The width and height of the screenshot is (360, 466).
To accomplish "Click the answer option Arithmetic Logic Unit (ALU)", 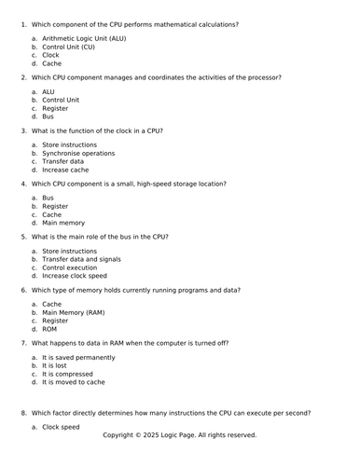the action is coord(83,38).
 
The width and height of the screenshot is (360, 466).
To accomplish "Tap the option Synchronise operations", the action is coord(78,154).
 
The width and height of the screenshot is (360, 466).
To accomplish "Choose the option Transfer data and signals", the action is coord(81,259).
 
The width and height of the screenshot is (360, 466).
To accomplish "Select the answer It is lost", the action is coord(59,365).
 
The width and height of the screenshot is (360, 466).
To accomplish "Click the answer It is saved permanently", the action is coord(78,357).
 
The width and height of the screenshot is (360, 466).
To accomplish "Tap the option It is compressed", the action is coord(71,374).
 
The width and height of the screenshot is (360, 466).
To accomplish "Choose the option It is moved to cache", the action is coord(74,382).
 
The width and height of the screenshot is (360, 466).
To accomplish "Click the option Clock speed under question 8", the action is coord(62,427).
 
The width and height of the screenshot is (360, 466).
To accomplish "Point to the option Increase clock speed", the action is coord(75,276).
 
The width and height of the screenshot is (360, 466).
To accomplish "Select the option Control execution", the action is coord(69,267).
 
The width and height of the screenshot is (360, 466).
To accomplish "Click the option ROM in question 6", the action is coord(50,329).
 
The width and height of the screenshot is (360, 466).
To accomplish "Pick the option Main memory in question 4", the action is coord(63,223).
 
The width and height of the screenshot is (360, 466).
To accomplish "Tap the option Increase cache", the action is coord(65,171).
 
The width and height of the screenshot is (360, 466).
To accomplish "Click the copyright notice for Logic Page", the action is coord(179,435).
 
